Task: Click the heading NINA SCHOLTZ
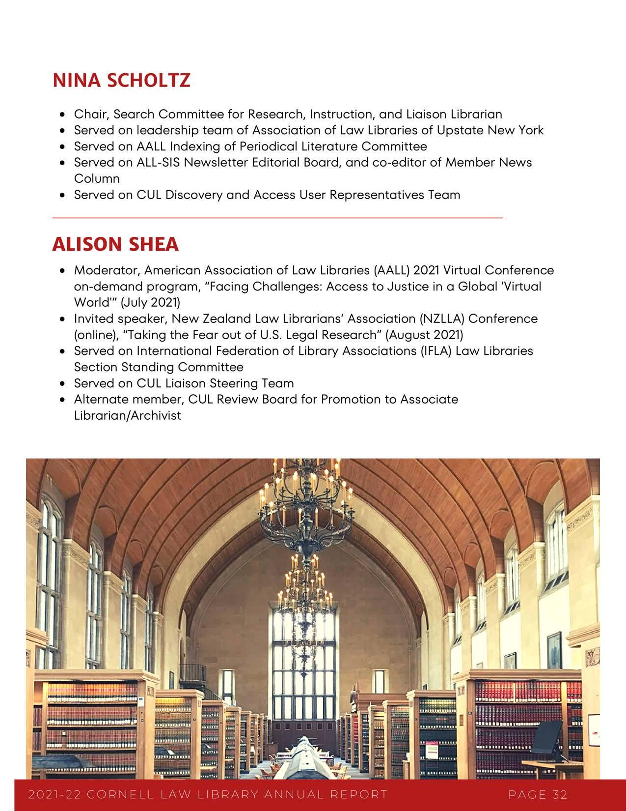tap(121, 81)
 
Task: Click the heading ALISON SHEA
tap(115, 244)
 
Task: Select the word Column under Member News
tap(97, 178)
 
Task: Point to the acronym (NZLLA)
tap(442, 319)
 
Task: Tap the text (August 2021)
tap(424, 335)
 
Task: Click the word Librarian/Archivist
tap(127, 415)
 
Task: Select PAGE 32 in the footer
tap(538, 794)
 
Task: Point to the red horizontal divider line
tap(277, 217)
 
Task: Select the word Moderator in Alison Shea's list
tap(107, 270)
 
